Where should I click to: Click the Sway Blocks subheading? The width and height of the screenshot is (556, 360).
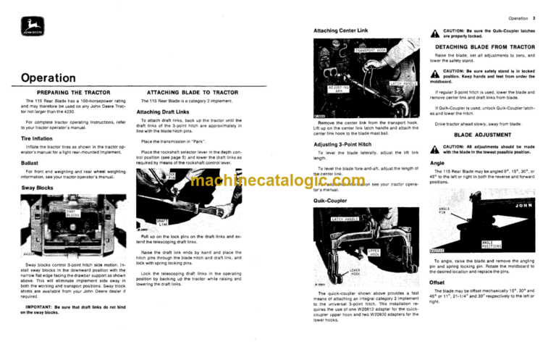point(36,186)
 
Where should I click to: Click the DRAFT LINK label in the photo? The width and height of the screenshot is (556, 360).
point(163,222)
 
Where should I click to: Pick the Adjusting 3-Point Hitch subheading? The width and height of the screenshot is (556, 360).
point(346,144)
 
